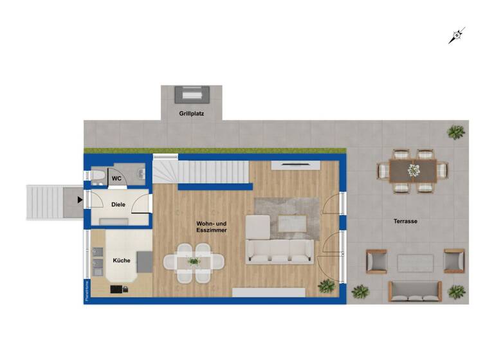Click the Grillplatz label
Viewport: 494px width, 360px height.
[x=191, y=113]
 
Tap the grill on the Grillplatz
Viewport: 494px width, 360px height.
[x=191, y=94]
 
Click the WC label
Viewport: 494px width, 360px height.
[x=116, y=178]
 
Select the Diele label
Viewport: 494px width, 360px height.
[x=118, y=205]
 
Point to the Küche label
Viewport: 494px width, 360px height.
[x=122, y=260]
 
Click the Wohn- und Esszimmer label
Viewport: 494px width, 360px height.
[x=212, y=226]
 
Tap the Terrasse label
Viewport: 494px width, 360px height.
[x=405, y=221]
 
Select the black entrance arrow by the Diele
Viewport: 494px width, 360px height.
[x=80, y=199]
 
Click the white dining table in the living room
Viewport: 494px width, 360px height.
[x=194, y=262]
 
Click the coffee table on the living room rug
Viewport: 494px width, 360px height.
[x=291, y=222]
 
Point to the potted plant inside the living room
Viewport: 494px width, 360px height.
[x=327, y=285]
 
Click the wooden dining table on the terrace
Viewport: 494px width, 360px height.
[x=412, y=170]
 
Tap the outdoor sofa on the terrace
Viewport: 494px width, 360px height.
[x=416, y=291]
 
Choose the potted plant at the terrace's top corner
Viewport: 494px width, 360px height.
[x=455, y=133]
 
